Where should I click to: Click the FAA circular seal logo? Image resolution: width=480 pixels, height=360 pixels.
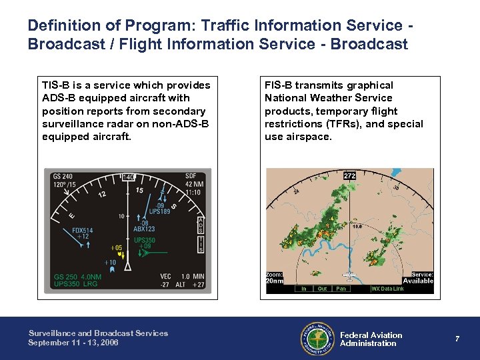(317, 339)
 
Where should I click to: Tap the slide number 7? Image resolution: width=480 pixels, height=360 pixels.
(457, 339)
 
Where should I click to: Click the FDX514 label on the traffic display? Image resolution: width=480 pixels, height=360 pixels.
(83, 231)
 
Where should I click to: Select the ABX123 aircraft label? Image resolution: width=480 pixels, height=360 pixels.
(144, 229)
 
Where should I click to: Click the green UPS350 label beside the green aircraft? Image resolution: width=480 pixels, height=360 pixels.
(145, 240)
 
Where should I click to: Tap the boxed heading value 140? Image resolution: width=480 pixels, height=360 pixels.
(128, 177)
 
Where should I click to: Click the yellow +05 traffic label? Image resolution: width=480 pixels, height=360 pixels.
(117, 248)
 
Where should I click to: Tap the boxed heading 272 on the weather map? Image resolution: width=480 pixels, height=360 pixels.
(349, 176)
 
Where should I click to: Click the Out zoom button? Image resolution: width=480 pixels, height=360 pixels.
(322, 289)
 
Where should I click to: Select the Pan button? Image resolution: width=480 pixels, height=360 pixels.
(341, 289)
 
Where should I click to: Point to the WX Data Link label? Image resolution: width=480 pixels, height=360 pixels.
(387, 289)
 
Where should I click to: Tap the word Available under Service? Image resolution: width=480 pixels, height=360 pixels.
(418, 281)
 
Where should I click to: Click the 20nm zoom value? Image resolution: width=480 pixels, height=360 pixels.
(275, 281)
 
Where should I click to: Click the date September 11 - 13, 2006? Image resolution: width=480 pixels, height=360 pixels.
(73, 343)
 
